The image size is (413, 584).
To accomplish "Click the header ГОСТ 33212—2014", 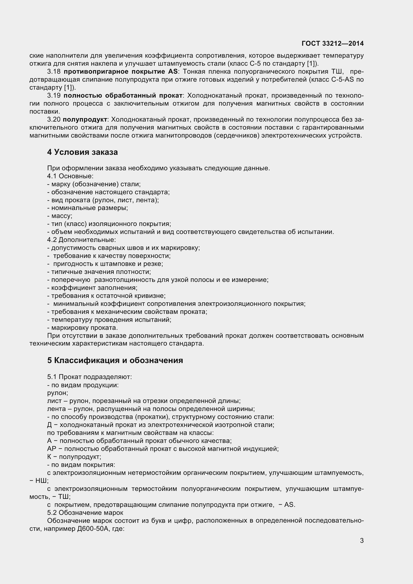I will click(x=332, y=43).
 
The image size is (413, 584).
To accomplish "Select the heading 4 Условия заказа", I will click(x=82, y=152).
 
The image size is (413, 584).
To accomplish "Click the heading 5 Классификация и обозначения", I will click(x=115, y=361).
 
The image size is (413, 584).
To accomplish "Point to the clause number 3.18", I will click(x=54, y=71).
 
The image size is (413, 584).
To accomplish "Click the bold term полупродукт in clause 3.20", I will click(x=85, y=120).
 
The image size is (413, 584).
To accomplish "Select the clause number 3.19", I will click(x=54, y=96).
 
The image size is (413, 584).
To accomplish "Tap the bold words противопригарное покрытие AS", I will click(x=120, y=71).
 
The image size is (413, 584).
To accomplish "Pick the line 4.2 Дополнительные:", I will click(x=81, y=240).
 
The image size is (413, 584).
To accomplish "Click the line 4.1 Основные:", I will click(x=70, y=176).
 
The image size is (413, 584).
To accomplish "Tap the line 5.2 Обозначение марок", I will click(x=85, y=513).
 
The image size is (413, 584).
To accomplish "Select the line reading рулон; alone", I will click(x=57, y=393).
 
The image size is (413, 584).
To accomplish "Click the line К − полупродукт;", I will click(x=74, y=457).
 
